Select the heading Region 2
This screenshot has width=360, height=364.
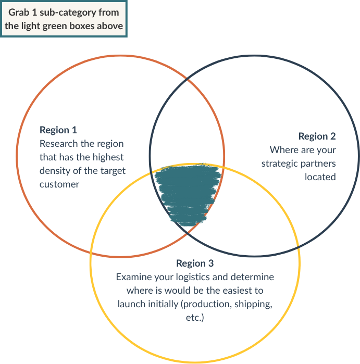point(317,136)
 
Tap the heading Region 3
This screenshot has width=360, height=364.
point(195,263)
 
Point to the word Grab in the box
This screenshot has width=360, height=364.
point(19,12)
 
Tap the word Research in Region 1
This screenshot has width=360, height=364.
point(59,143)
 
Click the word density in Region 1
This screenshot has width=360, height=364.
point(54,170)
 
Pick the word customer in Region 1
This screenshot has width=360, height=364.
point(59,183)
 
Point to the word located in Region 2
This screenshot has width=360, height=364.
point(320,177)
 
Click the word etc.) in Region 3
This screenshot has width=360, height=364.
point(194,318)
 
